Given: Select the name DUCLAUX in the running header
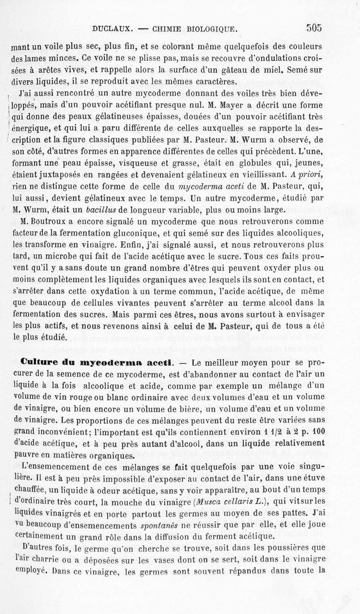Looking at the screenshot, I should click(x=112, y=29).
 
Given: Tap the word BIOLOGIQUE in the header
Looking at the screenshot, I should click(x=211, y=29).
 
